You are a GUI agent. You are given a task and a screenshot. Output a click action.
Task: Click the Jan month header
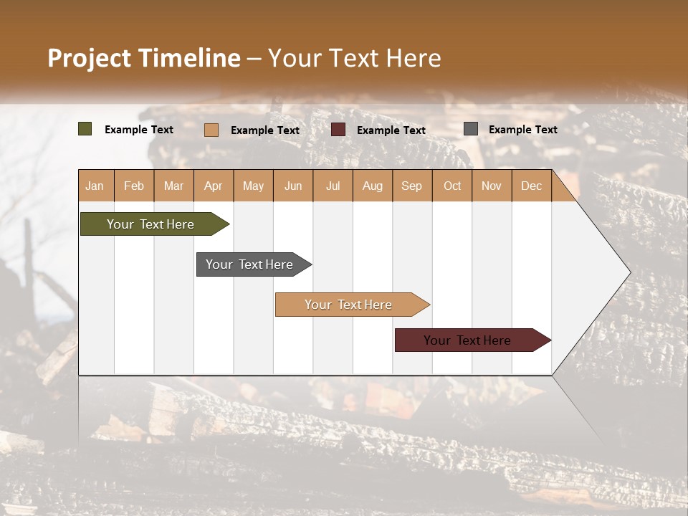coord(95,186)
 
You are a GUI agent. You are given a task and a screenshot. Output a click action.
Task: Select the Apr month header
coord(214,186)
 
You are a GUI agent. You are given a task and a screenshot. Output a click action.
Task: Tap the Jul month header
coord(333,186)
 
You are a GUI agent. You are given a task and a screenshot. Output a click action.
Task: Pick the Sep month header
coord(411,186)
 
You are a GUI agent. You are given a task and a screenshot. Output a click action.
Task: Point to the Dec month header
coord(531,186)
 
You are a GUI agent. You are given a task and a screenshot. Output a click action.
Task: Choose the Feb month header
coord(134,186)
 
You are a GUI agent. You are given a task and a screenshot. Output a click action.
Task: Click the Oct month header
coord(452,186)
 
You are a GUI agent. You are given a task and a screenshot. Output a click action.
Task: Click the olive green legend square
coord(85,129)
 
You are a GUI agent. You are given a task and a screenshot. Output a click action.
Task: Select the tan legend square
coord(211,130)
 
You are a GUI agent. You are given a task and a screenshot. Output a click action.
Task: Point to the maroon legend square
coord(338,129)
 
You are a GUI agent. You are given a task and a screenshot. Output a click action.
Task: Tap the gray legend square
coord(471,129)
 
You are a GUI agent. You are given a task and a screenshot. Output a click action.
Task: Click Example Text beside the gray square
coord(522,129)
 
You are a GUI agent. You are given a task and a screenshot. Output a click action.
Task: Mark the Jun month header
coord(293,186)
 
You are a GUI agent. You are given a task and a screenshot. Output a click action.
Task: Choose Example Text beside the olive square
coord(138,129)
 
